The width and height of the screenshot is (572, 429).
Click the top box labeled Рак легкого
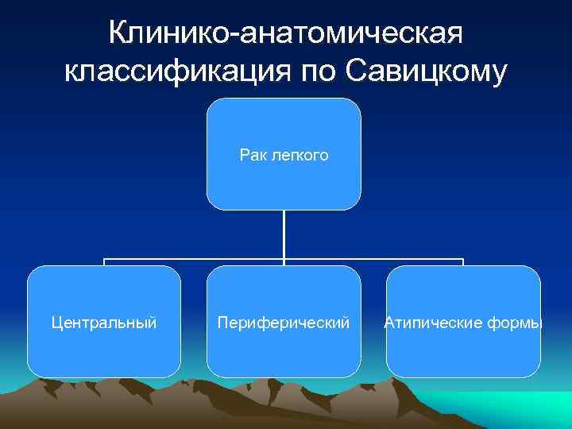[x=284, y=127]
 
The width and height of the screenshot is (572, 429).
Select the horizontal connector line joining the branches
[x=195, y=259]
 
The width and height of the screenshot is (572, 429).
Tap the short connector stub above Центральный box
[x=104, y=262]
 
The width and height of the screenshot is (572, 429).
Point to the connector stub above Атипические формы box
[x=463, y=262]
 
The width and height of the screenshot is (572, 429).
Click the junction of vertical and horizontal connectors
[x=284, y=259]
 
